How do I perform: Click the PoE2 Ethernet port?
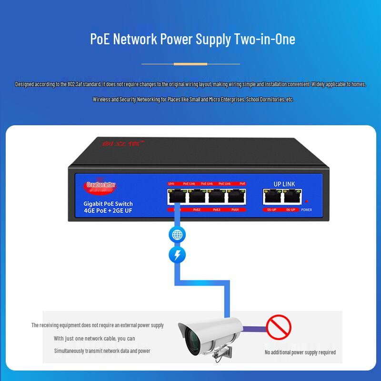click(x=197, y=197)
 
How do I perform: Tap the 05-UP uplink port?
click(x=271, y=197)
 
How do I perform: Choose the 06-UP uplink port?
click(x=292, y=197)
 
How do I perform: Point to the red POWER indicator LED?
click(x=307, y=201)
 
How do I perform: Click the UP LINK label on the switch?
click(x=284, y=184)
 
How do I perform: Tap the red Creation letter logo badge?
click(x=101, y=185)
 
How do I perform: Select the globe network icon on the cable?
click(x=177, y=235)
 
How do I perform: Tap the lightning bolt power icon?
click(x=177, y=256)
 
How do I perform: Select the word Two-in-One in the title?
click(x=265, y=39)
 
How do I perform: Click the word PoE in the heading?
click(x=99, y=39)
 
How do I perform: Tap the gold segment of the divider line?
click(x=190, y=63)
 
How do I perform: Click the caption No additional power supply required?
click(x=300, y=352)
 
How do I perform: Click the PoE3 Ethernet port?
click(x=216, y=197)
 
